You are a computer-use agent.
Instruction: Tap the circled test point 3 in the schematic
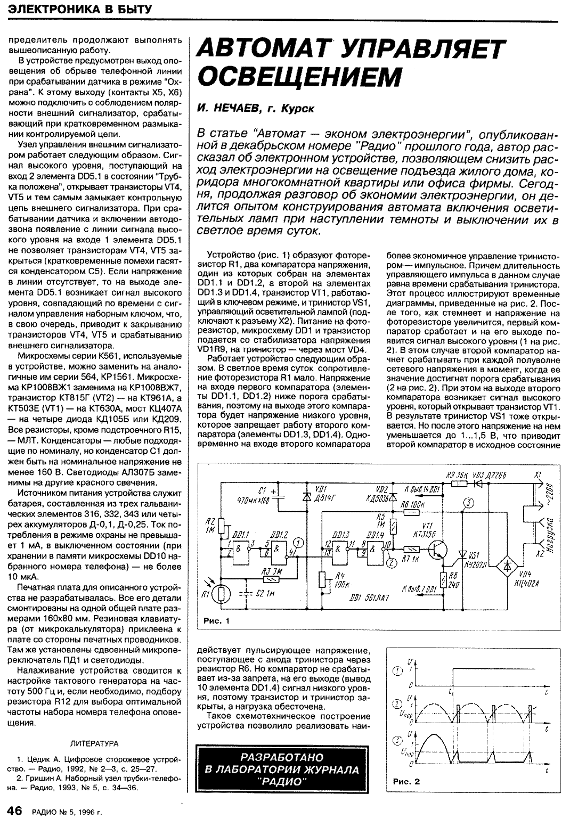point(467,503)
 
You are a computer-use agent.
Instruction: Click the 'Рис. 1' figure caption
point(216,621)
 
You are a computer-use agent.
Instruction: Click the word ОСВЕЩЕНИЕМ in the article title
point(299,77)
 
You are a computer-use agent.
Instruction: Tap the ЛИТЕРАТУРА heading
point(94,743)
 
